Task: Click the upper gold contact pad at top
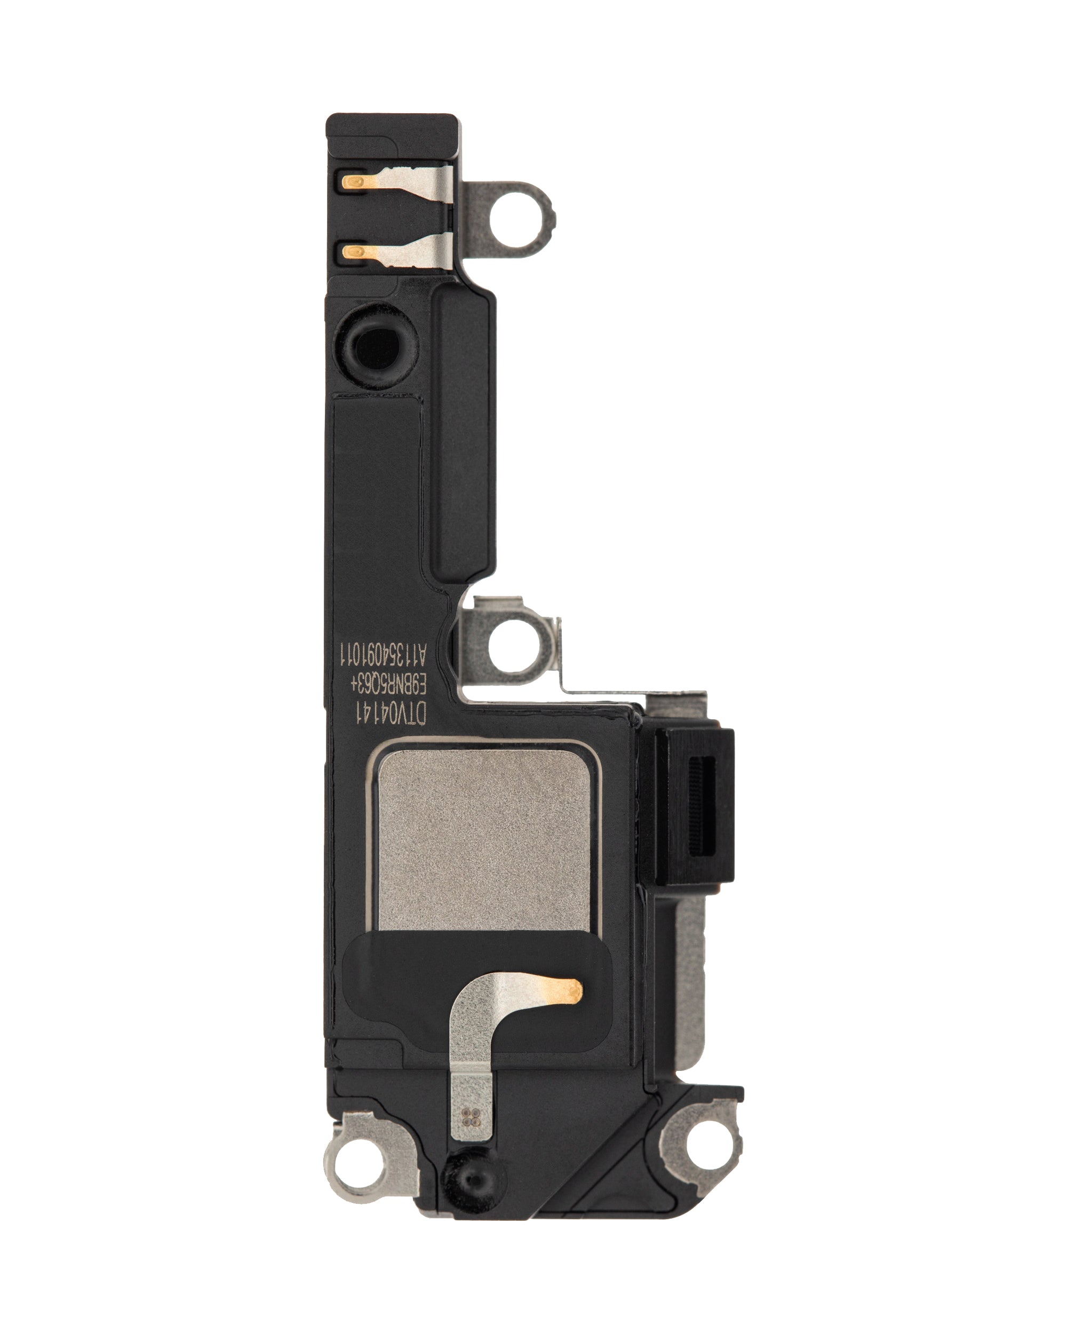354,182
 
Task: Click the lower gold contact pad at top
354,251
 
